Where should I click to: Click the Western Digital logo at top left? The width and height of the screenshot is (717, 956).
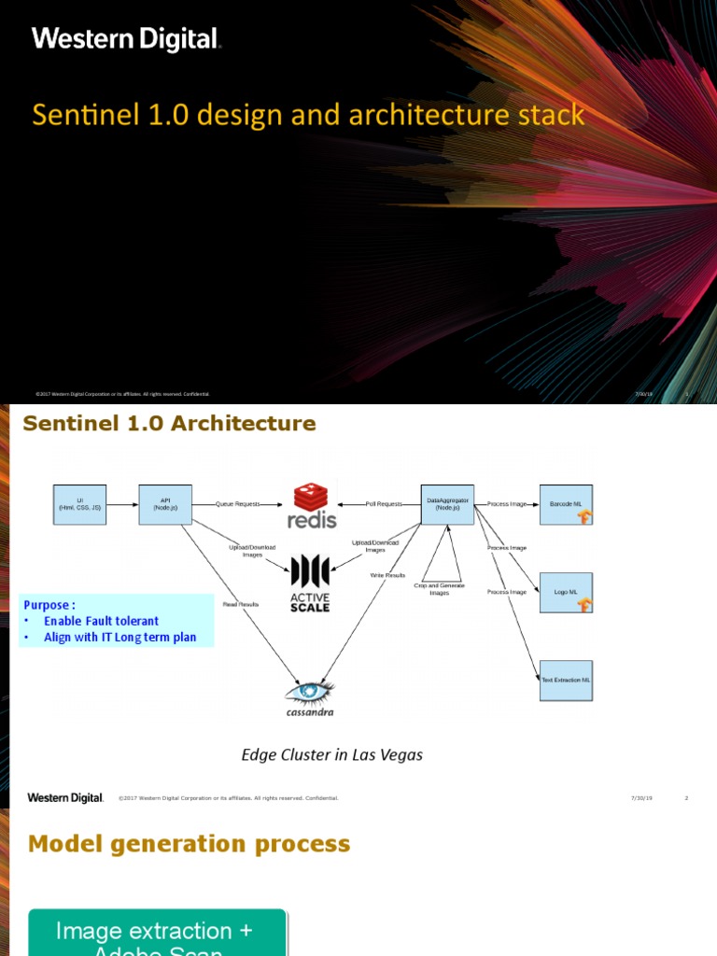126,39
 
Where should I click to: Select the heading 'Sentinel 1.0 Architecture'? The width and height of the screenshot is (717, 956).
169,424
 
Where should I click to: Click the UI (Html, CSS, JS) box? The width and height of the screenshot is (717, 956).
79,505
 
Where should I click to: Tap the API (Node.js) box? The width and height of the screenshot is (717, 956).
165,505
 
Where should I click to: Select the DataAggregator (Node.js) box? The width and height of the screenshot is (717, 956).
447,505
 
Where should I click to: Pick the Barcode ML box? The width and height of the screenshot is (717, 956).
566,505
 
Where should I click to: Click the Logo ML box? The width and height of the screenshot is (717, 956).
566,592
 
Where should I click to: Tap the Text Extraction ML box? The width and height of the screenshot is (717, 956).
566,680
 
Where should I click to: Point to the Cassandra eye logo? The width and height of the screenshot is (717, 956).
310,696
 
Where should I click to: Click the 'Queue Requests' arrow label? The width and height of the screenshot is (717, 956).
238,504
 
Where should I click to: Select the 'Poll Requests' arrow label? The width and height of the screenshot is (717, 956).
384,504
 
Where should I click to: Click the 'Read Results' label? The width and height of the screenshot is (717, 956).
241,605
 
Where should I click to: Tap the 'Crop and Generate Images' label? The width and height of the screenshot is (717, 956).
439,589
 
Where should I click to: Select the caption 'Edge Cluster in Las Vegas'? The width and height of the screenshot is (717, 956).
331,754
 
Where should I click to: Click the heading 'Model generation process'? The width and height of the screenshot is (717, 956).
190,844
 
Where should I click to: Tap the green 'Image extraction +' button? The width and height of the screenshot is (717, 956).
157,932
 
